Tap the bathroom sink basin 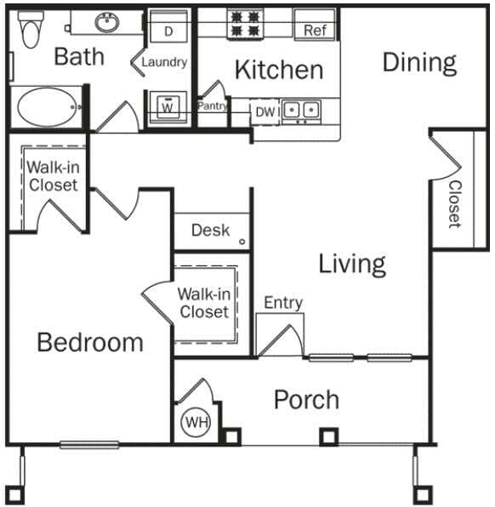click(x=108, y=24)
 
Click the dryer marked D click(x=168, y=31)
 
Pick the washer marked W click(x=168, y=108)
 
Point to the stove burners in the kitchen click(x=245, y=24)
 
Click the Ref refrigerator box click(x=315, y=31)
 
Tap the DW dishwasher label click(x=265, y=110)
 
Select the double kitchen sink click(x=300, y=110)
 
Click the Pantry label click(x=213, y=106)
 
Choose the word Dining click(x=418, y=62)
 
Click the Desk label click(x=210, y=230)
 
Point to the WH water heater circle click(x=195, y=422)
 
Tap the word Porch click(x=306, y=400)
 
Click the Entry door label click(x=283, y=303)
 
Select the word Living click(x=352, y=264)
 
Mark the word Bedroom click(x=90, y=343)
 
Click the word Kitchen click(x=279, y=70)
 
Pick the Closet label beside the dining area click(x=454, y=204)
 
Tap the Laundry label click(x=164, y=62)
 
